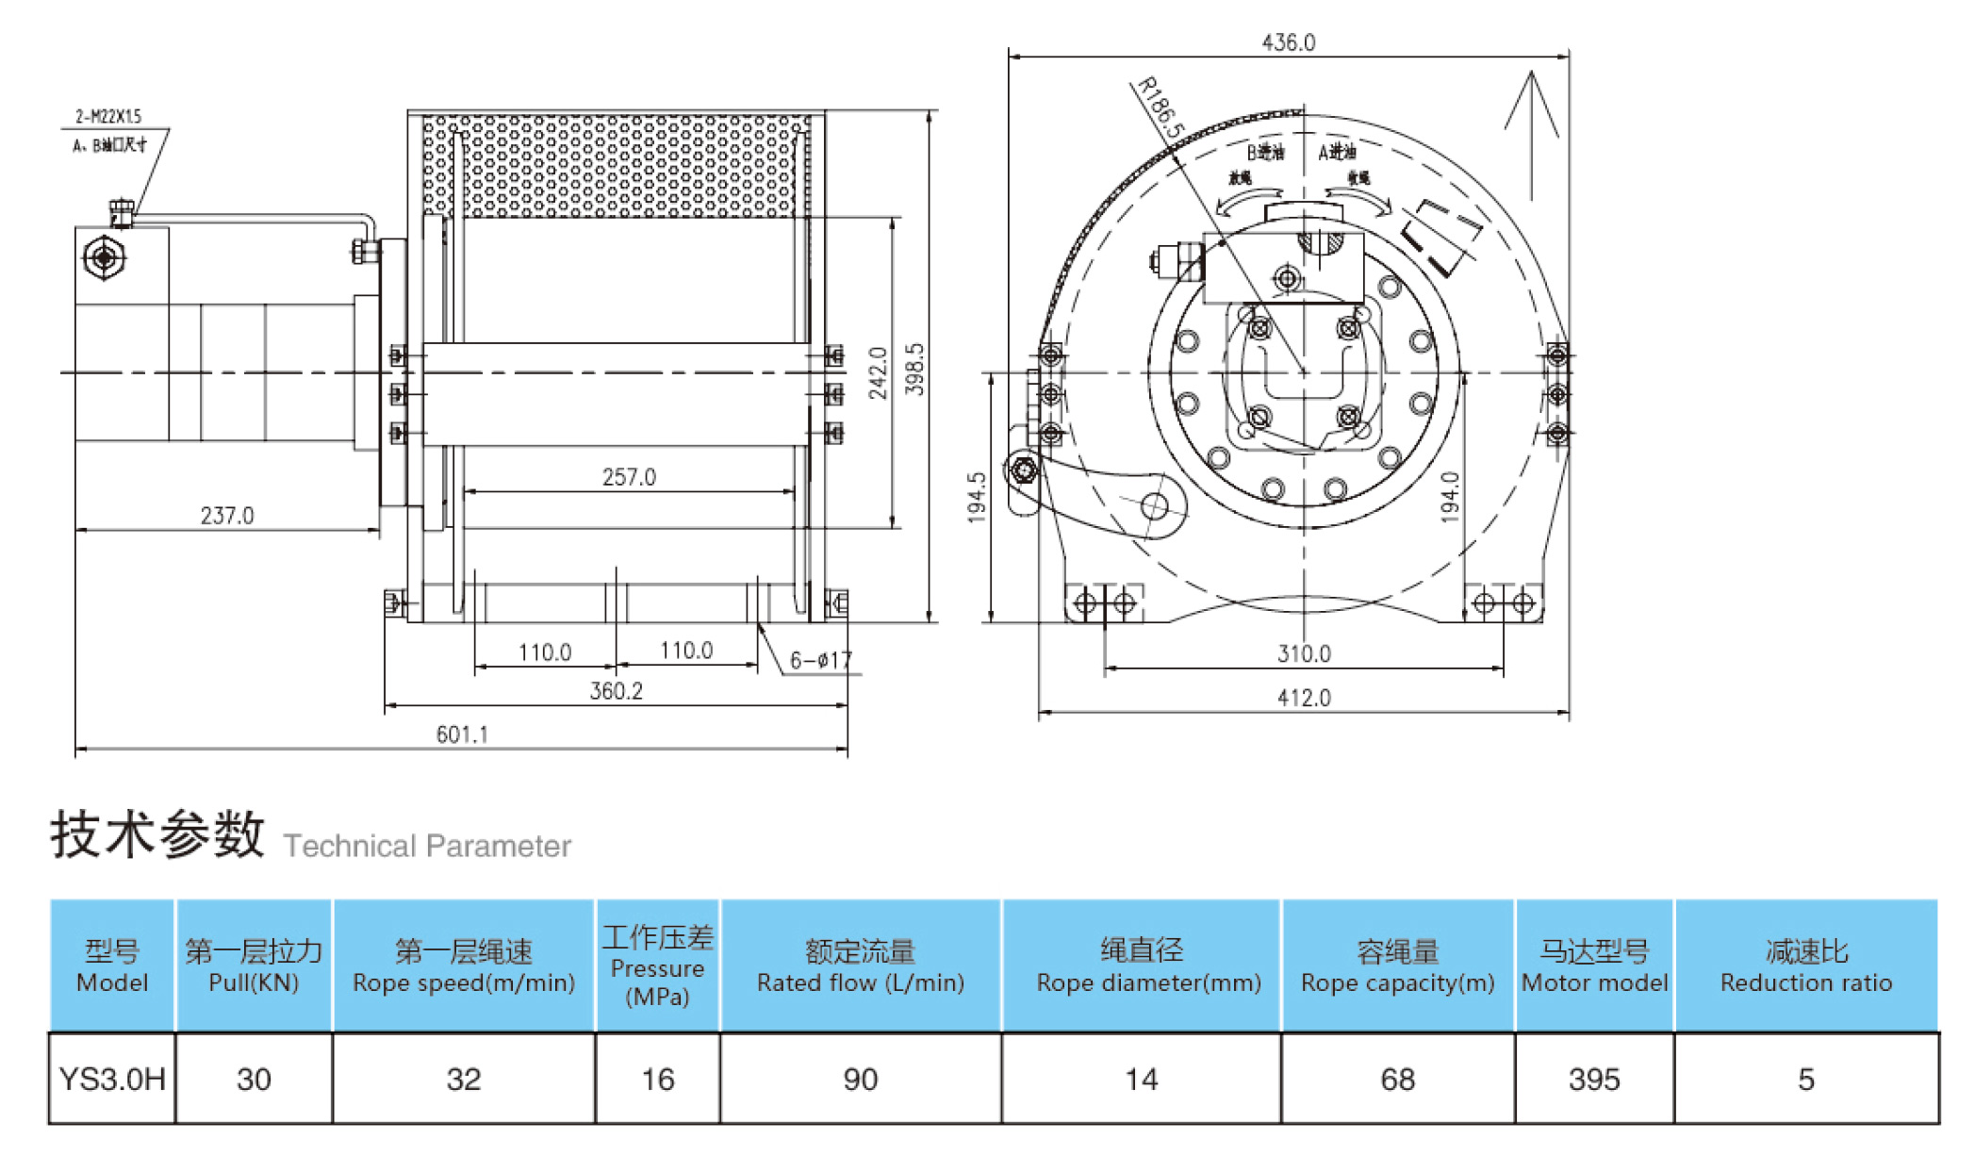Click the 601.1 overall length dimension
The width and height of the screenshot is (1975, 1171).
(462, 734)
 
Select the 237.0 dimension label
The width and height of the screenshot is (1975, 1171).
(227, 516)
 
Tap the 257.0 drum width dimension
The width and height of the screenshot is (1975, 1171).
(629, 477)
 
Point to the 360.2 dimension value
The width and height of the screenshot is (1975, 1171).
(616, 691)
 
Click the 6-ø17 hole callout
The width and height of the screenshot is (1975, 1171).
(820, 660)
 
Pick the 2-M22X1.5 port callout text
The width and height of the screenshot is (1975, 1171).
(108, 117)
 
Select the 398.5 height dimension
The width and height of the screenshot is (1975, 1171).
(914, 369)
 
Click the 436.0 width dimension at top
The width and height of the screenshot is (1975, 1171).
(1288, 42)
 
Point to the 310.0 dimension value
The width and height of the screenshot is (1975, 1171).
(1304, 653)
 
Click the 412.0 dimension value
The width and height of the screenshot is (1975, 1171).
(1304, 698)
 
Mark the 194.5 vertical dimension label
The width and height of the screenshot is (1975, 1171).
(977, 497)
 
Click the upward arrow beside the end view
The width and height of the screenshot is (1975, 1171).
(1531, 132)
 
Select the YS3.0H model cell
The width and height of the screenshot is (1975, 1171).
(111, 1079)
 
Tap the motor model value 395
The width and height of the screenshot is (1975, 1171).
(1593, 1079)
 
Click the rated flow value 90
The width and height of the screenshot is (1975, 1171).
(860, 1079)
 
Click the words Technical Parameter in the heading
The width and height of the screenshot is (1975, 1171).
(427, 846)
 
